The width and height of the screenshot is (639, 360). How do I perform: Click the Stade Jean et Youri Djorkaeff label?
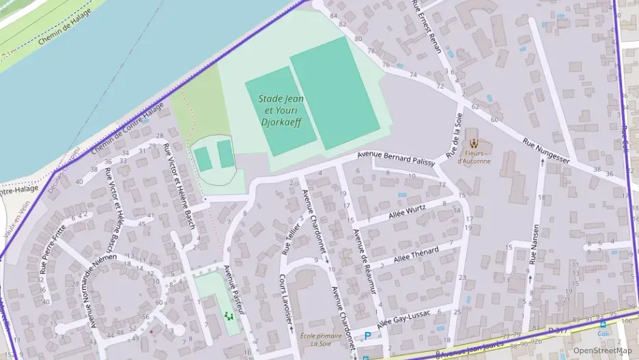click(x=281, y=111)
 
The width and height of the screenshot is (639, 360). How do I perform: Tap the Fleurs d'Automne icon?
click(x=473, y=143)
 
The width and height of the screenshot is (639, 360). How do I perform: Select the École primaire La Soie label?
click(x=320, y=340)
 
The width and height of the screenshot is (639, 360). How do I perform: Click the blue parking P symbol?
click(x=368, y=336)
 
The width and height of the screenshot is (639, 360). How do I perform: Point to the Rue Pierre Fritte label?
click(x=53, y=249)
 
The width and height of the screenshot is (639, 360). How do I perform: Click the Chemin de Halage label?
click(x=64, y=31)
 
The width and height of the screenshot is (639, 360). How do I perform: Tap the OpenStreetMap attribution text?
click(x=602, y=350)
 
